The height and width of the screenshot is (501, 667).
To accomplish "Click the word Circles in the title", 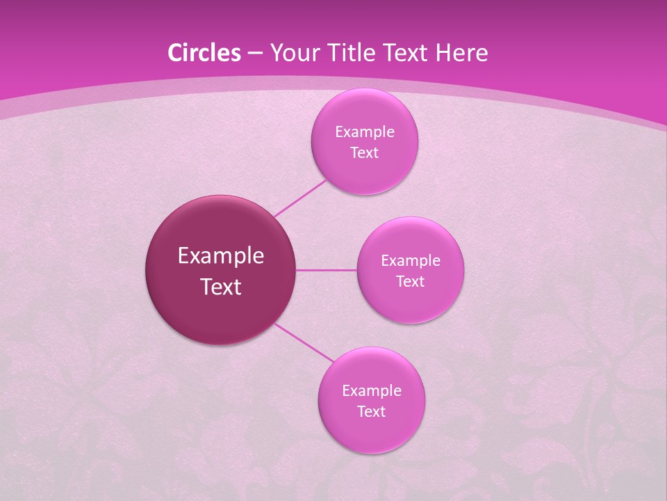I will [x=204, y=53].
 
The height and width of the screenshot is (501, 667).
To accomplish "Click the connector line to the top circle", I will [x=300, y=198].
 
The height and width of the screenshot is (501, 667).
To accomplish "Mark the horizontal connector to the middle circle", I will [x=327, y=270].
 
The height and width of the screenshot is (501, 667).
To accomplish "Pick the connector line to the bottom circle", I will [x=304, y=342].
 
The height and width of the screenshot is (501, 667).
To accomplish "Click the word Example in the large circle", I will [x=221, y=256].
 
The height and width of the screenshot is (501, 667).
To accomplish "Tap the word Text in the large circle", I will [x=221, y=287].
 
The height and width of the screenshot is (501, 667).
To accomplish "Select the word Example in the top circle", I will [x=365, y=132].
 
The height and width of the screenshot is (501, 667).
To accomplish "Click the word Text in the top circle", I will [x=364, y=152].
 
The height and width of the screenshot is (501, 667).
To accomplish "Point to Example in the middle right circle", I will [x=411, y=261].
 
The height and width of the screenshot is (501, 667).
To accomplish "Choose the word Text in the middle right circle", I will [x=410, y=281].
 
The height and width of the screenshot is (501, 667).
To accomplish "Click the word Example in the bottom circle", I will [x=372, y=391].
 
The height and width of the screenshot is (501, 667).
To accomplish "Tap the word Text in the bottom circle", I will [x=371, y=411].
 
